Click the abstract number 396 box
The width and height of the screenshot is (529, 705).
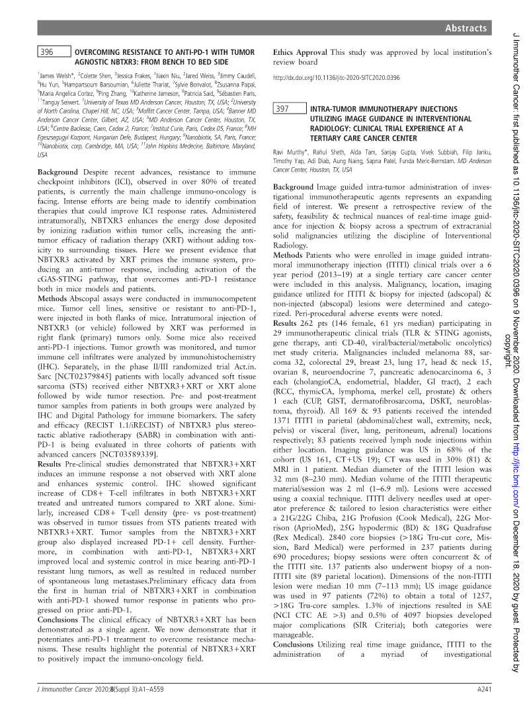coord(53,52)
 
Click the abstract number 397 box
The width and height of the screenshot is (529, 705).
coord(290,110)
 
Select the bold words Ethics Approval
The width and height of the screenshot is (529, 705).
coord(300,52)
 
